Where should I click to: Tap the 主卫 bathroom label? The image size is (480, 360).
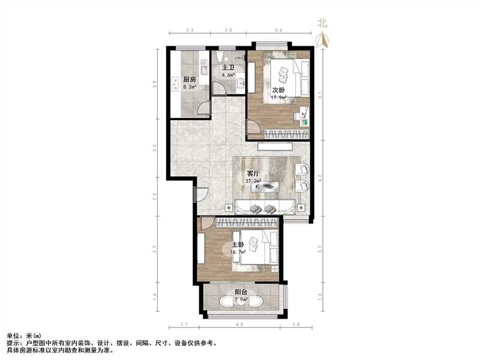[228, 67]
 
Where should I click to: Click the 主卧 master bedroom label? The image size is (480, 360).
[238, 245]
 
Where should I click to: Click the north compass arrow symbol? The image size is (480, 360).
[323, 40]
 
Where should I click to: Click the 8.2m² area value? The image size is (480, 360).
[191, 86]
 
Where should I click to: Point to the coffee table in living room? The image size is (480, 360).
[265, 187]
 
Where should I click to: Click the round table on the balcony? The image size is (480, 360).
[241, 302]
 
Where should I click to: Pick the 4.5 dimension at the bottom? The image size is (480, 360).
[240, 325]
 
